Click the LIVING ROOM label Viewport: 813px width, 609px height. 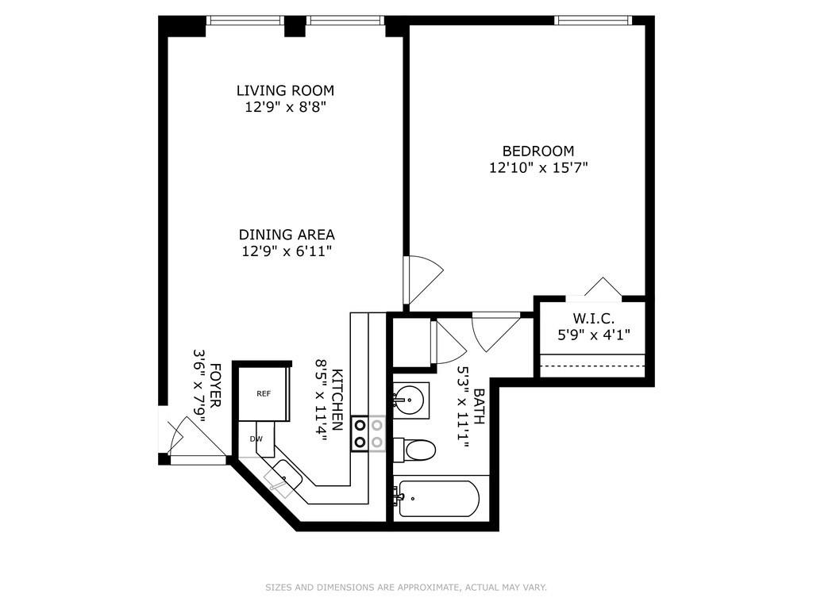[x=285, y=90]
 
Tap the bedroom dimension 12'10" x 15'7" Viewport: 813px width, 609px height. [x=538, y=168]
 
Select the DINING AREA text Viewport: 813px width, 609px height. [x=287, y=235]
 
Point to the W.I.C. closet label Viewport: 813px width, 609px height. [x=593, y=318]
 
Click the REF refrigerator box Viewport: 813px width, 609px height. [x=264, y=393]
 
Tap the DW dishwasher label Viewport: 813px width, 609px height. [x=256, y=439]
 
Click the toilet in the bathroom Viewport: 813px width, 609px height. [x=414, y=450]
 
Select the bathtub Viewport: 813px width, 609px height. [x=437, y=499]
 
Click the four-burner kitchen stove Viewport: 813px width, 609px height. [x=368, y=434]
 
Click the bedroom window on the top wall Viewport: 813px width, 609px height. [x=592, y=20]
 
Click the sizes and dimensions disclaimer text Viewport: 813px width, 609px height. [x=406, y=588]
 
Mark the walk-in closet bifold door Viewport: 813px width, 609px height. [x=603, y=288]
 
